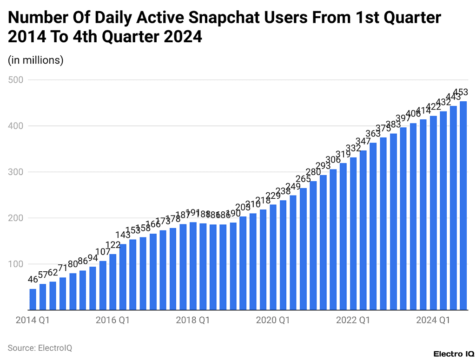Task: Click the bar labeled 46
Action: tap(33, 299)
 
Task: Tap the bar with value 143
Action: tap(123, 277)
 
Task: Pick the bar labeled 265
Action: tap(303, 249)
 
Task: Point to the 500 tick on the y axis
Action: tap(16, 80)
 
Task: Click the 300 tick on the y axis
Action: tap(16, 172)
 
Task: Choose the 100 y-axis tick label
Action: tap(16, 264)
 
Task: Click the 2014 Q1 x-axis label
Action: tap(33, 320)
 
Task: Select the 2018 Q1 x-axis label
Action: tap(193, 320)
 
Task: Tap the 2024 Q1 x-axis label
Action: tap(433, 320)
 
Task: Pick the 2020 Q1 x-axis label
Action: tap(273, 320)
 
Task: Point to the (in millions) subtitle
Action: tap(35, 60)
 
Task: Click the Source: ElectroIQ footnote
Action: tap(40, 347)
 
